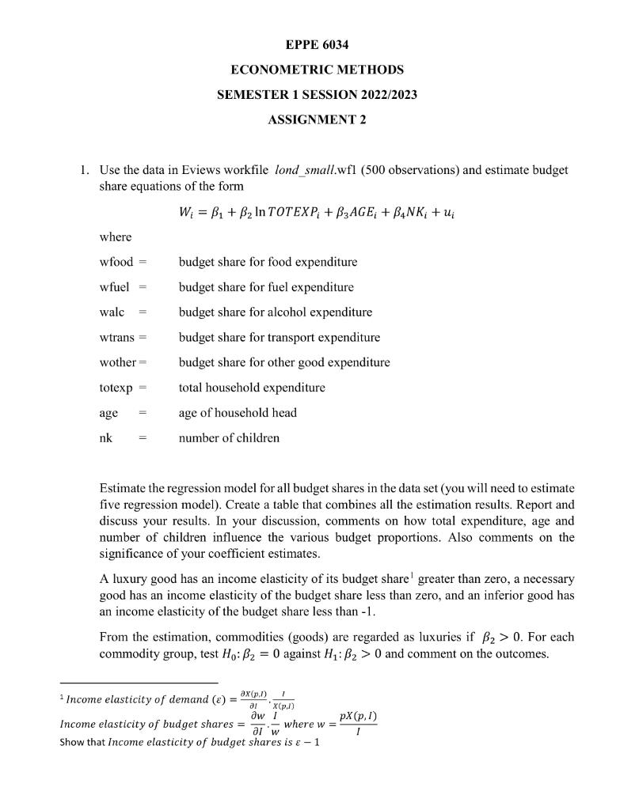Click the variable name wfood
(x=116, y=262)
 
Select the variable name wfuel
(x=114, y=287)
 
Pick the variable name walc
(x=112, y=312)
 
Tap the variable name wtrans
(x=116, y=338)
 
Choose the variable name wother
(x=118, y=363)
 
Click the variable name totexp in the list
(x=116, y=388)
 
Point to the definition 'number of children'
(x=229, y=438)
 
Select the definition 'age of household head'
(x=238, y=413)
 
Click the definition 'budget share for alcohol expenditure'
(x=275, y=312)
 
